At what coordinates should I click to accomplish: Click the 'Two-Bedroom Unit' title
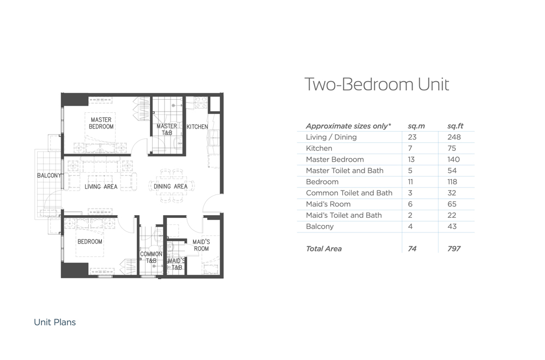377,84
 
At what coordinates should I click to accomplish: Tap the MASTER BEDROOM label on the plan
101,123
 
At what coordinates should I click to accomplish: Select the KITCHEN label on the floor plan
197,127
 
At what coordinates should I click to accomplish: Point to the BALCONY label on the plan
49,175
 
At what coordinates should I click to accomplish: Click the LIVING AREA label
101,187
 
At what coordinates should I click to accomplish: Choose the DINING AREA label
170,187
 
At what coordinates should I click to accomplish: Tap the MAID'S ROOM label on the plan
201,245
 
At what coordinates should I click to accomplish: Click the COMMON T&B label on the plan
151,257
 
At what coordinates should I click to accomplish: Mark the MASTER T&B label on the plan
167,129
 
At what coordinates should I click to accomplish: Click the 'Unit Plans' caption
55,322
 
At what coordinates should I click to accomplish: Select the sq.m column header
416,126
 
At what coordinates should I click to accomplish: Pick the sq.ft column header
455,126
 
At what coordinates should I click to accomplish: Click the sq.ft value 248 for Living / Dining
454,137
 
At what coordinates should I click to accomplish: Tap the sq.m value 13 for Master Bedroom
411,159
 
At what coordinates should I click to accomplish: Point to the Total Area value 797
454,248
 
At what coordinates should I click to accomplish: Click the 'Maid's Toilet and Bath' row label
344,215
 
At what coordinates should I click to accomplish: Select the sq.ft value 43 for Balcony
452,226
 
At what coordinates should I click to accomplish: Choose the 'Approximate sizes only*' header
348,126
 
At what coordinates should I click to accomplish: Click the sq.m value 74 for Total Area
412,248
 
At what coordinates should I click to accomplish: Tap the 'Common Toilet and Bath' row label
349,193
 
